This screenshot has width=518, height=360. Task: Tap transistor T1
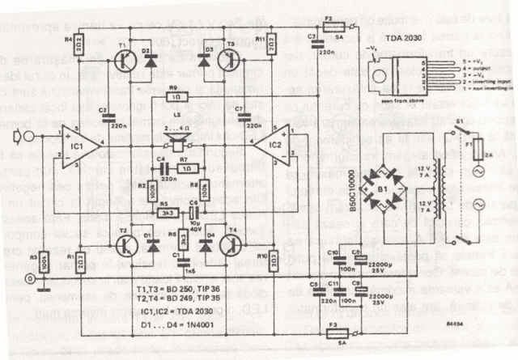125,59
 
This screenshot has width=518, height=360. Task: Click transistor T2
126,242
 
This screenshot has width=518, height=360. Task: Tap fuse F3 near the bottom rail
333,330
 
